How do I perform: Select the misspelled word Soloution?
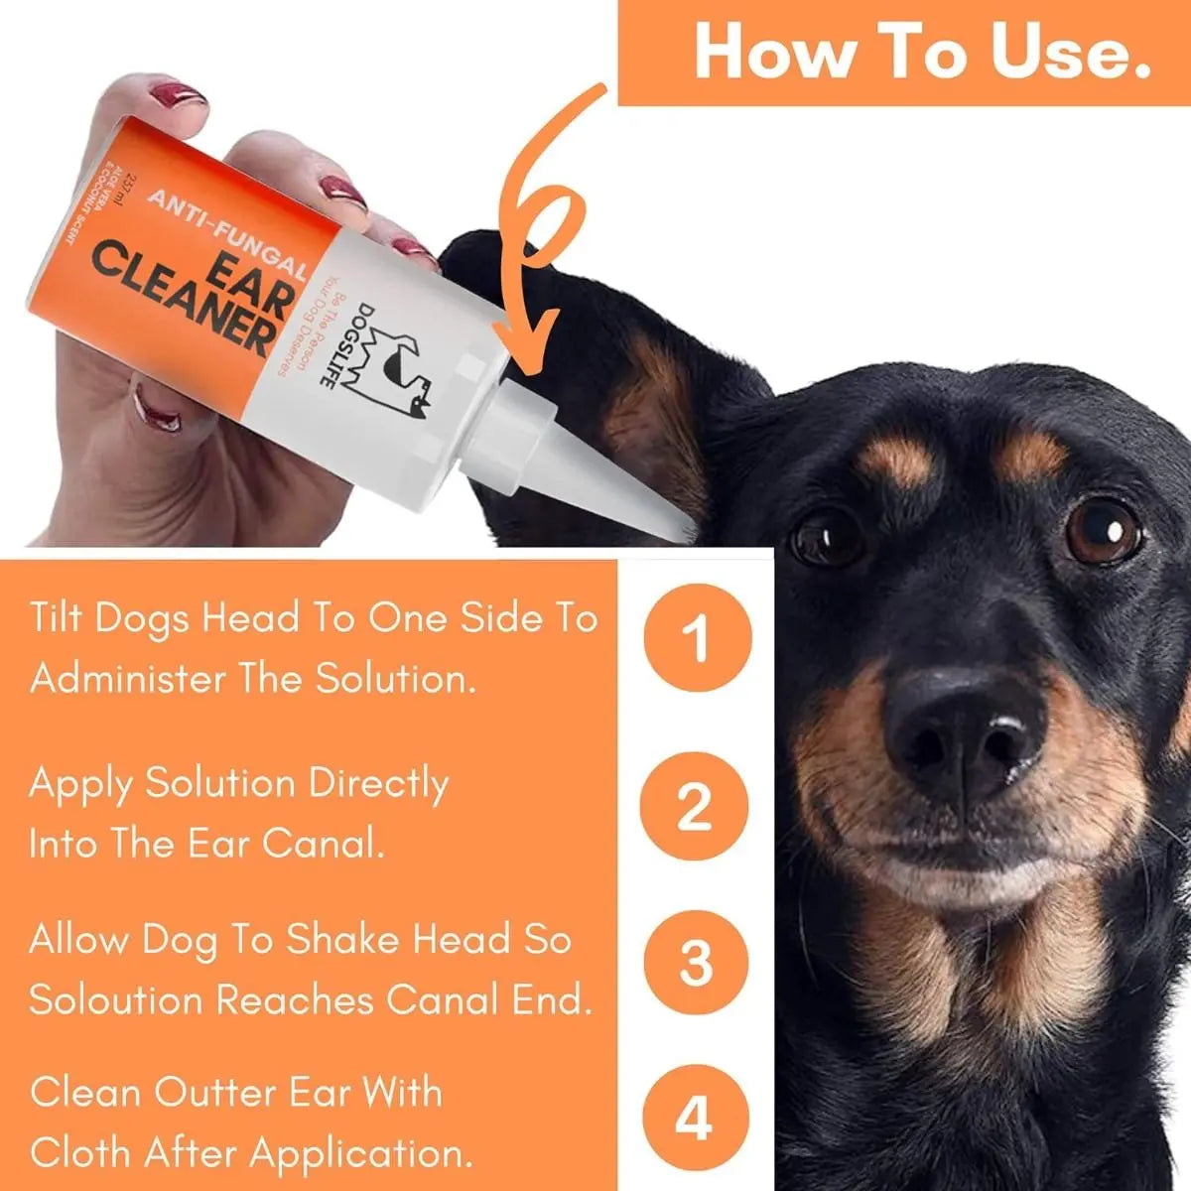tap(113, 999)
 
